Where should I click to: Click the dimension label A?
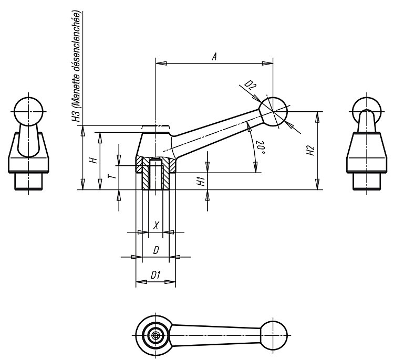214,57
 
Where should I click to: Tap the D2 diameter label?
250,86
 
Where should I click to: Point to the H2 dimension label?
311,151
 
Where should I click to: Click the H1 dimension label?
201,181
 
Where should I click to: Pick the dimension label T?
113,175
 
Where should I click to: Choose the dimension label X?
156,225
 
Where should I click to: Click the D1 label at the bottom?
156,276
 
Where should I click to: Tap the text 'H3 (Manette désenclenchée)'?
77,67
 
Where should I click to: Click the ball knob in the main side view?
273,112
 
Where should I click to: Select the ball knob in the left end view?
28,111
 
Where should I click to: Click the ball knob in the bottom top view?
273,335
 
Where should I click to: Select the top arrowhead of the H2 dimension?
318,117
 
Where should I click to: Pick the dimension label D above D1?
156,250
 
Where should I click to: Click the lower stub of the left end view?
28,181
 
